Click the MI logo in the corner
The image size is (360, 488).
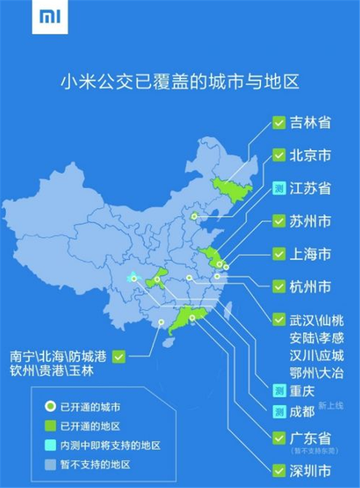[x=45, y=19]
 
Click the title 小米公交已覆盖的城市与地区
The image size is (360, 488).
[x=180, y=82]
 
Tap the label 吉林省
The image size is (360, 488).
[x=310, y=123]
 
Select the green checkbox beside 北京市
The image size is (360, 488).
[x=278, y=156]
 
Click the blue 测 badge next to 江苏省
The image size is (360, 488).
[x=278, y=188]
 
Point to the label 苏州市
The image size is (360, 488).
[x=310, y=221]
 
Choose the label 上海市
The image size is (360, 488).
[x=310, y=254]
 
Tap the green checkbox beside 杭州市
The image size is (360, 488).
[x=278, y=287]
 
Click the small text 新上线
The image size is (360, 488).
[x=331, y=406]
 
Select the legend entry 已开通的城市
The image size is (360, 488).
[x=91, y=408]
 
